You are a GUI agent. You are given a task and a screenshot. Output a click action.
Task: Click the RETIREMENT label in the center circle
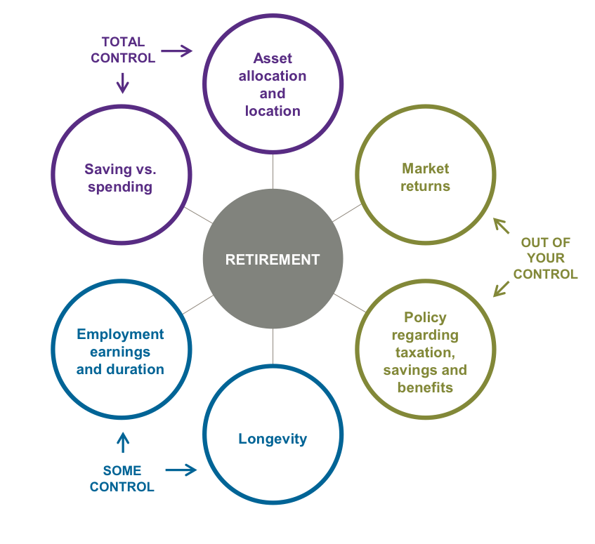tap(273, 260)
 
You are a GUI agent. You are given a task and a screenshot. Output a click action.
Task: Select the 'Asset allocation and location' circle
tap(273, 84)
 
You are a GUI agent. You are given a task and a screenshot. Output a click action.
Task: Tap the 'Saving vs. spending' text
tap(120, 178)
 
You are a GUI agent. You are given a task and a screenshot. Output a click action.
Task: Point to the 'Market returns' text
tap(425, 178)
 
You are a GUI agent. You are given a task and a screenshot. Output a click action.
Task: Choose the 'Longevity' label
tap(273, 439)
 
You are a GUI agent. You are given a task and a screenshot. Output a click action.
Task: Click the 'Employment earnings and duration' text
tap(120, 352)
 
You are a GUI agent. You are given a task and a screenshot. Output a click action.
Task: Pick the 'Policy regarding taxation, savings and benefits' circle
tap(425, 352)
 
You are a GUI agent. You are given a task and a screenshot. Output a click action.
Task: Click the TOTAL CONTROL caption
tap(122, 50)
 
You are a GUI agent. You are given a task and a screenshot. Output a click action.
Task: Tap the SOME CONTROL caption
tap(122, 478)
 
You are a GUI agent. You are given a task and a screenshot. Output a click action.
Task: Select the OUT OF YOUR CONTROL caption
tap(545, 258)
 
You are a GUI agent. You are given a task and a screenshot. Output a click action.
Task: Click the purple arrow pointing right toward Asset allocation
tap(176, 51)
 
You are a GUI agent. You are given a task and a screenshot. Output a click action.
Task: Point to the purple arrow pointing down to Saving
tap(122, 83)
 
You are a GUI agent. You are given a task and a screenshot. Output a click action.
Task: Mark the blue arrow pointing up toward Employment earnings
tap(122, 442)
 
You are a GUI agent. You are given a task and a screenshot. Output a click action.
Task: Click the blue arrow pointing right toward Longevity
tap(181, 470)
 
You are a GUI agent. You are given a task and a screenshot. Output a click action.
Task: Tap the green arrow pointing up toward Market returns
tap(501, 225)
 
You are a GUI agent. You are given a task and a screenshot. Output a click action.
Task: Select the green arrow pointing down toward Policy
tap(502, 288)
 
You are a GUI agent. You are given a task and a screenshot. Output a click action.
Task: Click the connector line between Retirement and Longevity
tap(273, 347)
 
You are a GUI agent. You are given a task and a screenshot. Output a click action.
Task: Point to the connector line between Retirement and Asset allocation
tap(273, 171)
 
